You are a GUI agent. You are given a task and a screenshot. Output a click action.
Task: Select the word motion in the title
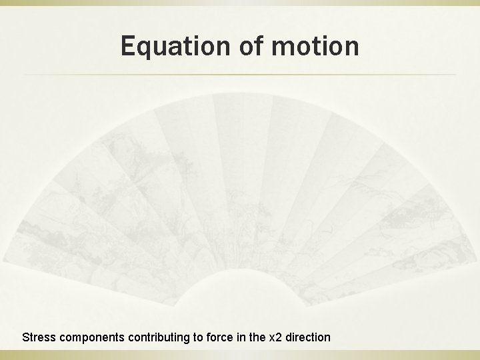pos(317,46)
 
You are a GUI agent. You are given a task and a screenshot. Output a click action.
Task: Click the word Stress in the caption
pos(39,337)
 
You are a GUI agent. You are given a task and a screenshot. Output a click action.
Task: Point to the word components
pos(90,337)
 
